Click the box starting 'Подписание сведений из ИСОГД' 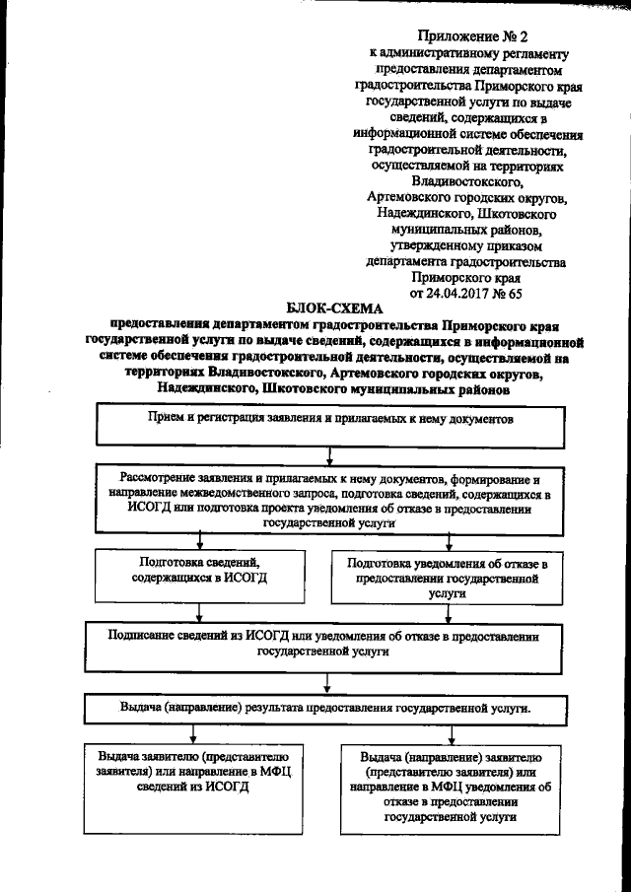pyautogui.click(x=324, y=643)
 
